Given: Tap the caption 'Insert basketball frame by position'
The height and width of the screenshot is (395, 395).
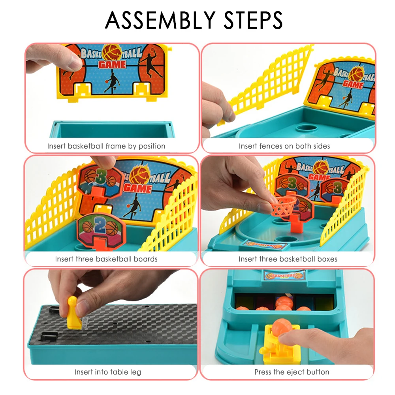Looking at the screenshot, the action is tap(106, 146).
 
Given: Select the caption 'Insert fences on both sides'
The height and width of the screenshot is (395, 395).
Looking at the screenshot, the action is tap(284, 146).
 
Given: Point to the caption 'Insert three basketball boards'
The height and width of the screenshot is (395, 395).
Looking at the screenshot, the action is tap(106, 259).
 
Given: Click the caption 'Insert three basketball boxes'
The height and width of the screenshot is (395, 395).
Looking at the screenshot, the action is tap(288, 259).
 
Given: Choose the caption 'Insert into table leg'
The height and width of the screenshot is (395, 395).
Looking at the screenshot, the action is tap(107, 372).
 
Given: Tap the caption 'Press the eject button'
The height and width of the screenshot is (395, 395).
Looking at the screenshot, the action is tap(292, 372).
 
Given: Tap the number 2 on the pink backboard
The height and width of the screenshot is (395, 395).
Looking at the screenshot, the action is tap(100, 225).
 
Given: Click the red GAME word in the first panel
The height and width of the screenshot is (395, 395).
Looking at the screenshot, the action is tap(112, 64).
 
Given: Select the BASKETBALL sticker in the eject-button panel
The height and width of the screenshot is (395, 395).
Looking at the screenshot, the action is tap(284, 275).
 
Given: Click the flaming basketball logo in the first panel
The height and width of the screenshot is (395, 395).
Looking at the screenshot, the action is tap(111, 53).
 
